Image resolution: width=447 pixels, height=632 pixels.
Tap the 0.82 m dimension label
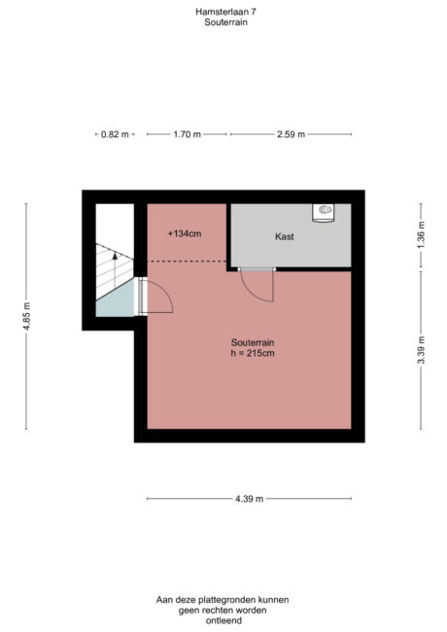click(x=114, y=134)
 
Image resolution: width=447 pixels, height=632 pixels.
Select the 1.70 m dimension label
click(x=187, y=134)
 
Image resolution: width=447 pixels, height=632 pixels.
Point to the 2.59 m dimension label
click(x=291, y=134)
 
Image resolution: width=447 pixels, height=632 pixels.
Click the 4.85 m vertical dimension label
click(x=26, y=316)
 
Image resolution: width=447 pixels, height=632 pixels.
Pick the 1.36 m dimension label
click(x=421, y=235)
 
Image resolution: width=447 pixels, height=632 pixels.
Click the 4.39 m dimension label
click(x=248, y=499)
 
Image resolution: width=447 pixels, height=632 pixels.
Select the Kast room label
click(x=284, y=236)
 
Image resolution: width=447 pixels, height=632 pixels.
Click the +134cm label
click(x=184, y=233)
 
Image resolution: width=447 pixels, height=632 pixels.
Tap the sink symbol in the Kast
click(x=325, y=210)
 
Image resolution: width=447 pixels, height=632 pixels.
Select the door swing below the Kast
click(x=257, y=286)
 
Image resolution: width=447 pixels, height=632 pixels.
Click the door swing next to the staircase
click(x=157, y=297)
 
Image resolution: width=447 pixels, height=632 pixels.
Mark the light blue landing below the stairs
click(x=115, y=304)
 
